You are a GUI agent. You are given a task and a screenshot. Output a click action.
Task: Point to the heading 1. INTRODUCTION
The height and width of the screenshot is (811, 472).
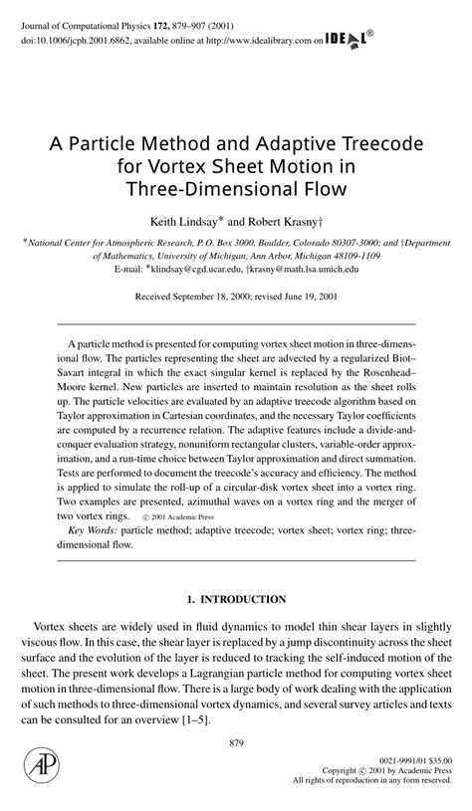point(236,600)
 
